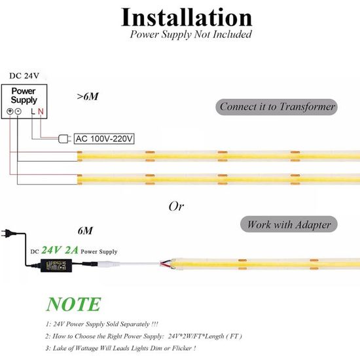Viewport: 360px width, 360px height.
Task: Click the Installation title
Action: (x=187, y=17)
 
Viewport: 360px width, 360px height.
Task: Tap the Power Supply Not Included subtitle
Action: (x=190, y=34)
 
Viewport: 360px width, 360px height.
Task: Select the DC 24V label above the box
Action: (x=24, y=75)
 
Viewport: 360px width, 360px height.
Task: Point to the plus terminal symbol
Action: (x=10, y=111)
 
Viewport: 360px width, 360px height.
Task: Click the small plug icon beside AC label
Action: (x=65, y=138)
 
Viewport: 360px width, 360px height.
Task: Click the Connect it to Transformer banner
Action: (x=277, y=107)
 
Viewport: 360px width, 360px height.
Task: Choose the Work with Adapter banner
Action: (x=288, y=225)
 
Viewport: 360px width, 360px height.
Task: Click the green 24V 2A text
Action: (x=60, y=250)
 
